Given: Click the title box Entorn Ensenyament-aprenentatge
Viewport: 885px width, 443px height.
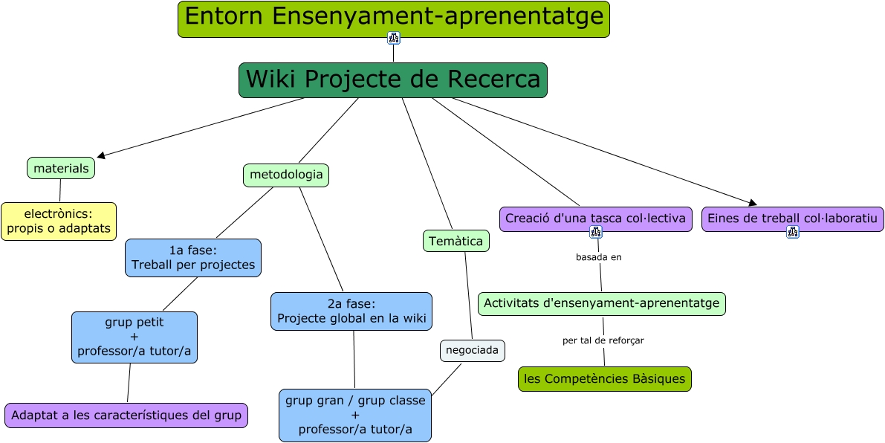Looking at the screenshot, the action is [393, 19].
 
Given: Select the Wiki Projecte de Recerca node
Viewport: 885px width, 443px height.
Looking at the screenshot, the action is [393, 80].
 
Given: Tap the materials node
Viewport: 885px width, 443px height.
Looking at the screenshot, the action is [61, 168].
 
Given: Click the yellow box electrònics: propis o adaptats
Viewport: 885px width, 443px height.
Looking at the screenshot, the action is [59, 221].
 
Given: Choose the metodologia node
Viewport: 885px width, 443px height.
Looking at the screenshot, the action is [286, 175].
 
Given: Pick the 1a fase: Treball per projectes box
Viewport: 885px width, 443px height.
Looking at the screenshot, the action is [193, 258].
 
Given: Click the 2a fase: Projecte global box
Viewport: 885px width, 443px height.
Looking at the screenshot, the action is [351, 311].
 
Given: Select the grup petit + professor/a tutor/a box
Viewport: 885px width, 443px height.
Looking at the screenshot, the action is [134, 337].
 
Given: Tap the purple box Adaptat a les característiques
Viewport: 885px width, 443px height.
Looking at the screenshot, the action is [126, 415].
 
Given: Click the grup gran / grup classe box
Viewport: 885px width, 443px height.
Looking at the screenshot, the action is [355, 415].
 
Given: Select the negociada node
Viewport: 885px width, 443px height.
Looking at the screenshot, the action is [473, 350].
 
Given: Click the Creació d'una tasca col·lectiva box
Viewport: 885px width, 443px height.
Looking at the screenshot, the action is [595, 219].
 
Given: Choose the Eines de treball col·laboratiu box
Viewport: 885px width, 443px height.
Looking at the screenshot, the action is [792, 219].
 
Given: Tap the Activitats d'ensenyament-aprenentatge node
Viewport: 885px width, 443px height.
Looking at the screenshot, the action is [602, 303].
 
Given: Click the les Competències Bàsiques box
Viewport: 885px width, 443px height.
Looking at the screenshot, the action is [604, 378].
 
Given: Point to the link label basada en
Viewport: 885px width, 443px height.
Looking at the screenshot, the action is [598, 257].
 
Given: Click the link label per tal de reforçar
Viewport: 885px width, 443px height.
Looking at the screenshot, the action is [603, 340].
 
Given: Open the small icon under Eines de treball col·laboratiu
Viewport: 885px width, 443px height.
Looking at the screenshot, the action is [793, 232].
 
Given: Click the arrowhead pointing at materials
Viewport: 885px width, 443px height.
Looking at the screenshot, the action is [101, 156].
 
